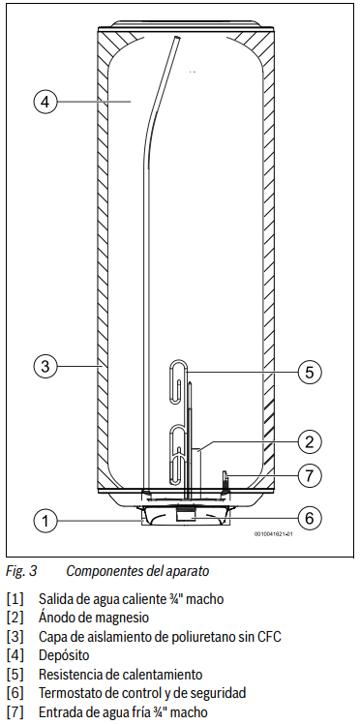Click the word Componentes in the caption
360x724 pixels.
[x=107, y=571]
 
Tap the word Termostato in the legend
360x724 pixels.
[x=72, y=693]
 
